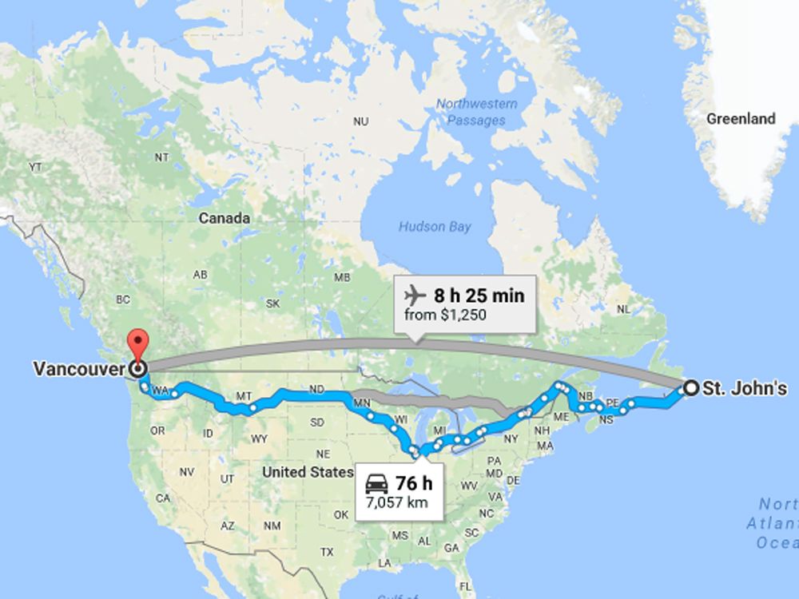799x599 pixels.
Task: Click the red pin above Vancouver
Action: [139, 343]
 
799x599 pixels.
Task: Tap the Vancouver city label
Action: [79, 369]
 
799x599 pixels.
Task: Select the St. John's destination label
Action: [745, 389]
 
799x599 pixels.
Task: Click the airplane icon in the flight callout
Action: [415, 296]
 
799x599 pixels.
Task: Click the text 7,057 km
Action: [396, 502]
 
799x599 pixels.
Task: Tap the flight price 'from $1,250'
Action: [445, 315]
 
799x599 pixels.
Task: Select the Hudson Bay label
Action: [435, 227]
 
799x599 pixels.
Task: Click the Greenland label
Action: [741, 119]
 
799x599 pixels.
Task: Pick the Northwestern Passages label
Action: [476, 112]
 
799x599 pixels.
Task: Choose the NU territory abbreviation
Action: [361, 121]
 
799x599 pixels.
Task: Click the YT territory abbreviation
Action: [35, 167]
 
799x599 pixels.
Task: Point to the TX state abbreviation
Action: [327, 552]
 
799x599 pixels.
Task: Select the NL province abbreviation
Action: [624, 309]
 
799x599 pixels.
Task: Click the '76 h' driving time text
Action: [413, 483]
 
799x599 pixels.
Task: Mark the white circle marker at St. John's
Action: [690, 389]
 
